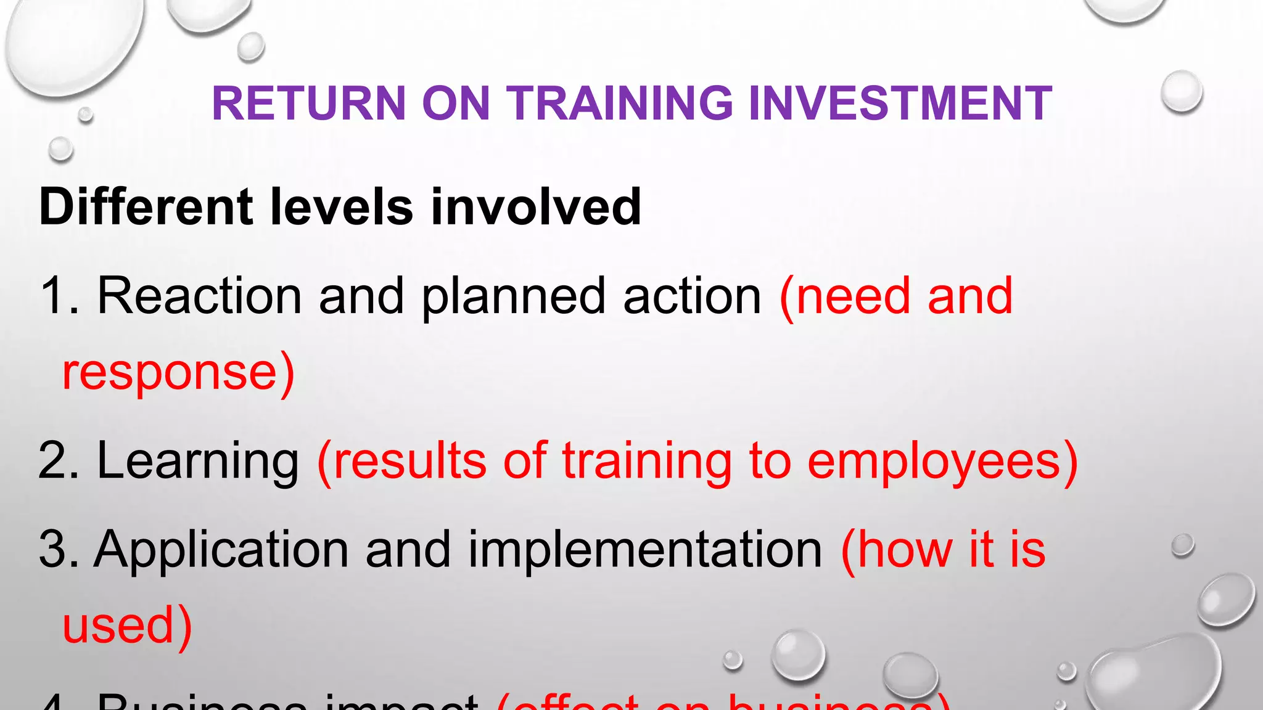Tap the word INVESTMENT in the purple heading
tap(900, 103)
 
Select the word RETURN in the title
tap(308, 103)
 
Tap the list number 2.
tap(57, 461)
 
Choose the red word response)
tap(178, 373)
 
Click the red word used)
tap(127, 626)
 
